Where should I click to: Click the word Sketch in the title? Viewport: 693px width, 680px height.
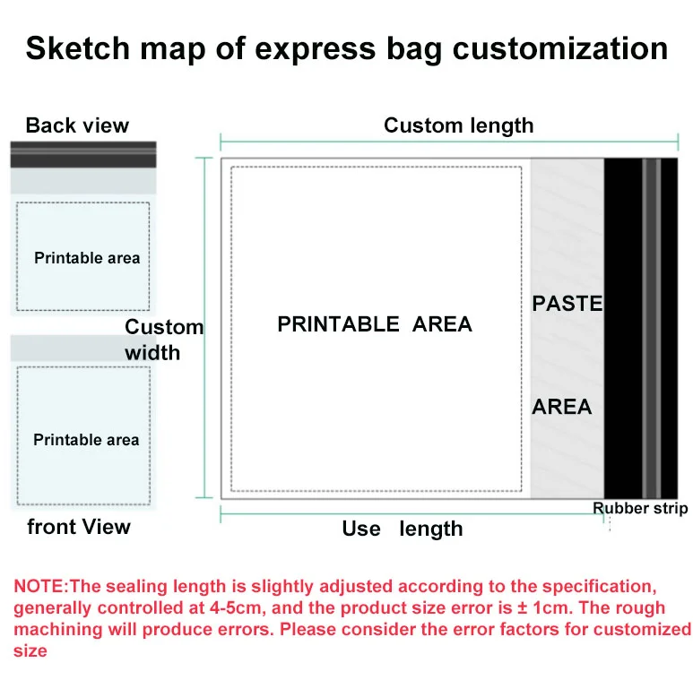(78, 47)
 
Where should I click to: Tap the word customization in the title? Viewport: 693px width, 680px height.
(560, 47)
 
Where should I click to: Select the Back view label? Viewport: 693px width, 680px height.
(77, 125)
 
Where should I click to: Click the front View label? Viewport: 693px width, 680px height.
(79, 526)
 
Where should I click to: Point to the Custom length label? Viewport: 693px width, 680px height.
(458, 125)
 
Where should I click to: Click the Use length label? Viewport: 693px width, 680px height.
(403, 529)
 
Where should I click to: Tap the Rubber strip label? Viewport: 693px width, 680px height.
(640, 508)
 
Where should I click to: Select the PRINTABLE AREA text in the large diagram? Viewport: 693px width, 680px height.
(375, 324)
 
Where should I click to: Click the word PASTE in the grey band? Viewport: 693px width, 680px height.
(567, 304)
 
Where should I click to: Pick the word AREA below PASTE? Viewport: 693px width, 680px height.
(562, 407)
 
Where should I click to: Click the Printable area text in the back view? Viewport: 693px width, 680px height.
(87, 258)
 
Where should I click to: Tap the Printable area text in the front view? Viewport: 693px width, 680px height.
(86, 440)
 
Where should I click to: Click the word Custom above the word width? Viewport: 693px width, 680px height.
(164, 327)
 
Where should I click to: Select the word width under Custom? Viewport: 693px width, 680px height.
(152, 353)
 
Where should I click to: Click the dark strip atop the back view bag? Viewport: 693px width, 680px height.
(83, 154)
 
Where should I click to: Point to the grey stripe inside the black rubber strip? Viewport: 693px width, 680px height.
(652, 328)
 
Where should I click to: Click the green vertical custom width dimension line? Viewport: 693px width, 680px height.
(204, 328)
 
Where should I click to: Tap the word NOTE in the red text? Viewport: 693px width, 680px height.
(39, 587)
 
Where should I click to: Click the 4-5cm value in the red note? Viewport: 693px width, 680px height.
(235, 608)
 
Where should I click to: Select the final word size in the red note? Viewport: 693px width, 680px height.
(30, 650)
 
